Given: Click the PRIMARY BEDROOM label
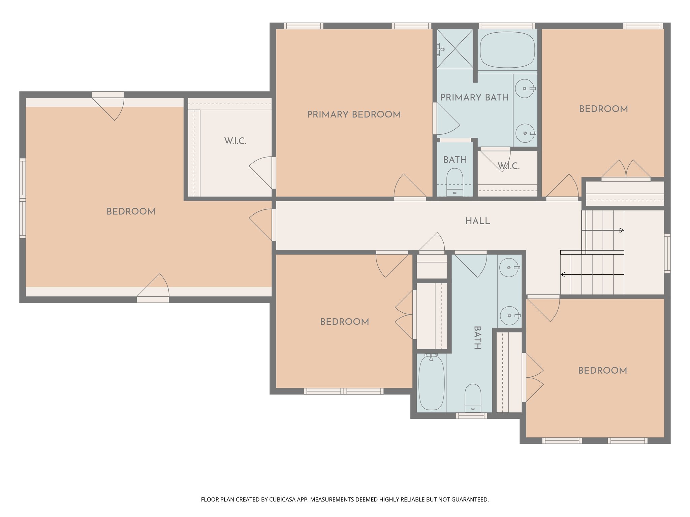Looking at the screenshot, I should tap(354, 114).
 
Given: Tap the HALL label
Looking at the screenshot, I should tap(477, 221).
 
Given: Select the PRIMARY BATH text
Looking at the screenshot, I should tap(474, 98).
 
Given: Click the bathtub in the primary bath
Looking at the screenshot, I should tap(507, 50).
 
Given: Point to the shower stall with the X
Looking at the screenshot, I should tap(455, 49).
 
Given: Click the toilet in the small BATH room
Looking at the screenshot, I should tap(454, 182).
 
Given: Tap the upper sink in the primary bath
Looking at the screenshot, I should tap(525, 89).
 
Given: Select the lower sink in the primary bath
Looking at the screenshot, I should tap(525, 133).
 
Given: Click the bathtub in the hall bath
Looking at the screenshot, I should tap(431, 383).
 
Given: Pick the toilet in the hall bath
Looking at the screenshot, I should tap(473, 398).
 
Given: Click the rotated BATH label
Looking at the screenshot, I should tap(477, 338).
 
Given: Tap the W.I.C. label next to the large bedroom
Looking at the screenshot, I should tap(236, 141).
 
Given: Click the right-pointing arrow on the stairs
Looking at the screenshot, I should tap(621, 230).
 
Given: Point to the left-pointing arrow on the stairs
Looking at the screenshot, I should tap(563, 275).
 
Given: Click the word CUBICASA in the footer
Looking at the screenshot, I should tap(282, 499).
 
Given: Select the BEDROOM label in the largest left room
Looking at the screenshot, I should tap(131, 212).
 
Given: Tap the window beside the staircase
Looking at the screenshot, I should tap(667, 253).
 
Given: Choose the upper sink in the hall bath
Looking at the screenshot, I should tap(509, 268).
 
